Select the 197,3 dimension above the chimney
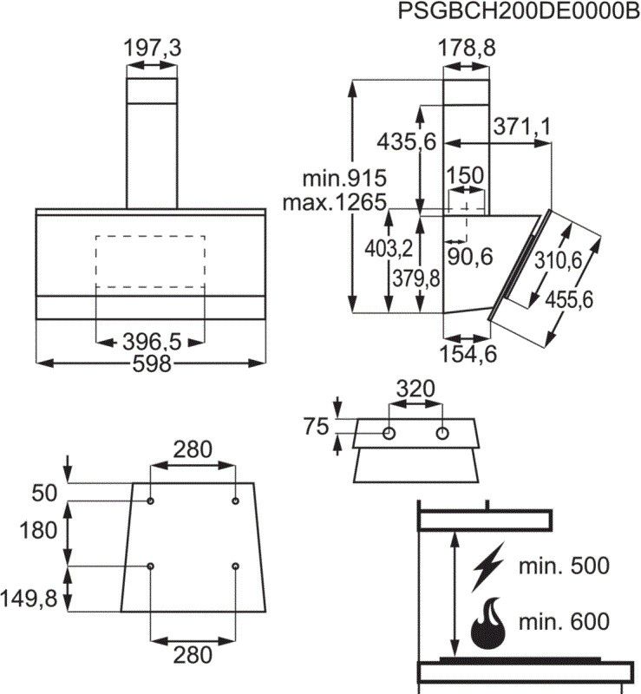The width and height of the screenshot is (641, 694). tap(152, 49)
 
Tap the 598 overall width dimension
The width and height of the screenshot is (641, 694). tap(152, 363)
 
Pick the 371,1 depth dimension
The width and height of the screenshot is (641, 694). tap(522, 126)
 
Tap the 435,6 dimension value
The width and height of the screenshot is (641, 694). tap(406, 141)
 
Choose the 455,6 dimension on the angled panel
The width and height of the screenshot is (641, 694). tap(568, 299)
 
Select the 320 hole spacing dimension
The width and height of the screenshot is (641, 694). tap(415, 390)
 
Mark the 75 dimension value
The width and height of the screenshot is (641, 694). tap(317, 426)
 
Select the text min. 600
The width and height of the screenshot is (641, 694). tap(564, 621)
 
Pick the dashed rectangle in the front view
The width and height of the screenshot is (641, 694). tap(150, 261)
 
